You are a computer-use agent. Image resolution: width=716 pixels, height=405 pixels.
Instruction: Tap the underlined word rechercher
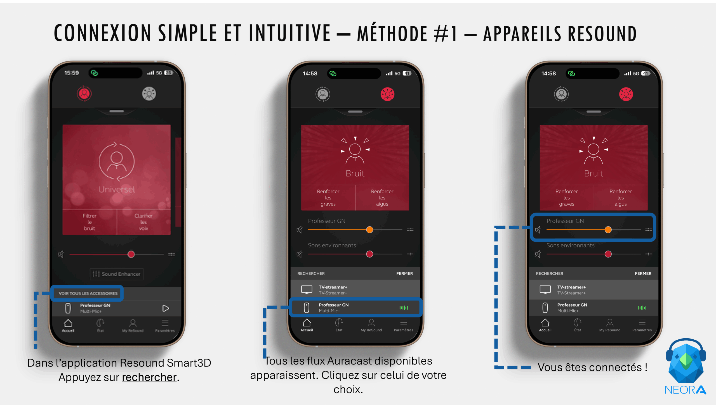(149, 377)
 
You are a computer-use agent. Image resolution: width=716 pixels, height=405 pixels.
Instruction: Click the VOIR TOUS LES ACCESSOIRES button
(88, 293)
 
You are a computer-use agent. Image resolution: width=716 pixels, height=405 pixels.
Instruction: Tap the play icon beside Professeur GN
(166, 308)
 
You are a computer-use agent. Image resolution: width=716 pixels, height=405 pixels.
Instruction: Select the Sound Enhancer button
(117, 274)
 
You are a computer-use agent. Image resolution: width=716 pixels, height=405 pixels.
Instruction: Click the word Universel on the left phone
(117, 189)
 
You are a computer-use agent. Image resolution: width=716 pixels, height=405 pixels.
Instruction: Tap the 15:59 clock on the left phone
(72, 73)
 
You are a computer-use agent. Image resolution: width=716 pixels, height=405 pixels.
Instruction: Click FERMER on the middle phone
(404, 273)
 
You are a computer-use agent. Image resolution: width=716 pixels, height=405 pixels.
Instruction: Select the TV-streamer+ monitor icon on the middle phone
(307, 290)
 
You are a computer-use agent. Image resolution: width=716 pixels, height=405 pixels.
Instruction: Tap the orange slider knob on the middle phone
(369, 230)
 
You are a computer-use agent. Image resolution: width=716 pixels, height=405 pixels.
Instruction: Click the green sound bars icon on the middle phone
(404, 308)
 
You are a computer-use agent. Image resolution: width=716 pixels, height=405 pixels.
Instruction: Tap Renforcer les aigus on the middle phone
(382, 197)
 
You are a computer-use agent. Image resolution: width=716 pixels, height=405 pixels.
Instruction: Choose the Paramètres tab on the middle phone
(403, 325)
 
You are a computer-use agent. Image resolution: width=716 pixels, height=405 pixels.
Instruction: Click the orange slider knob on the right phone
(608, 230)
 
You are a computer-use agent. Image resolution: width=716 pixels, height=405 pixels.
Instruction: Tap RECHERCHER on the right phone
(549, 273)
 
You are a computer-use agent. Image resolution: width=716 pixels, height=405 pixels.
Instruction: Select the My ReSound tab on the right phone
(610, 325)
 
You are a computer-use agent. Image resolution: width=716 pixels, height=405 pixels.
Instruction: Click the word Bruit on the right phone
(593, 173)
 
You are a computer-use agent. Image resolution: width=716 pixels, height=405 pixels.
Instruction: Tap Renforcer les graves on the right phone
(566, 197)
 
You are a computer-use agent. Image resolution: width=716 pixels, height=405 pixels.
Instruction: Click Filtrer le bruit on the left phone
(89, 222)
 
